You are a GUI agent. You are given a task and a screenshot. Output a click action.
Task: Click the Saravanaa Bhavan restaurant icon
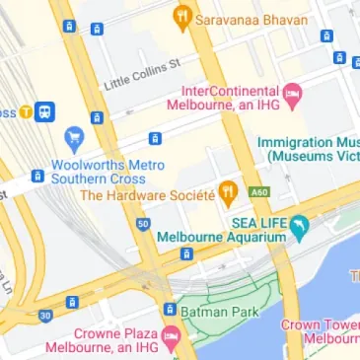pyautogui.click(x=181, y=16)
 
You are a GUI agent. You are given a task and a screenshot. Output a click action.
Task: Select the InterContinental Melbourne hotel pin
pyautogui.click(x=293, y=93)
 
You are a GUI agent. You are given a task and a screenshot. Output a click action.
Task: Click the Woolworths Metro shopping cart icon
pyautogui.click(x=73, y=139)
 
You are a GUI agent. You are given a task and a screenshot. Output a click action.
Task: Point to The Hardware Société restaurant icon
pyautogui.click(x=228, y=191)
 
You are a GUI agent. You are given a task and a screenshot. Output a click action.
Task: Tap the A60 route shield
pyautogui.click(x=259, y=191)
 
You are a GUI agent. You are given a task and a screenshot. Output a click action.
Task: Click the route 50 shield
pyautogui.click(x=144, y=225)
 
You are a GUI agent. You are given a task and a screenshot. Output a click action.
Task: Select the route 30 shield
pyautogui.click(x=45, y=316)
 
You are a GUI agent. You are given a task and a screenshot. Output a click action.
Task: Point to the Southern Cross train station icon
pyautogui.click(x=44, y=112)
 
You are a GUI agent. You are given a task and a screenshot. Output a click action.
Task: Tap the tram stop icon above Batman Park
pyautogui.click(x=170, y=310)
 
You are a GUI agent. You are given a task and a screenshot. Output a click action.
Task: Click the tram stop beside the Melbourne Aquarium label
pyautogui.click(x=185, y=254)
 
